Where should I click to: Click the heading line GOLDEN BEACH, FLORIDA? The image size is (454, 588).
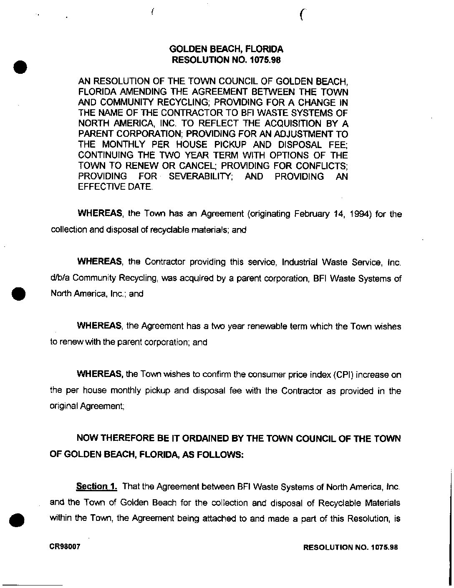tap(227, 49)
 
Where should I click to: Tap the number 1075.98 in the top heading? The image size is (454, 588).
tap(265, 60)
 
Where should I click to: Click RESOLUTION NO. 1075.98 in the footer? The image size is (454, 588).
tap(351, 547)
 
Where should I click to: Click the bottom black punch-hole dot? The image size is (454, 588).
tap(17, 521)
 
